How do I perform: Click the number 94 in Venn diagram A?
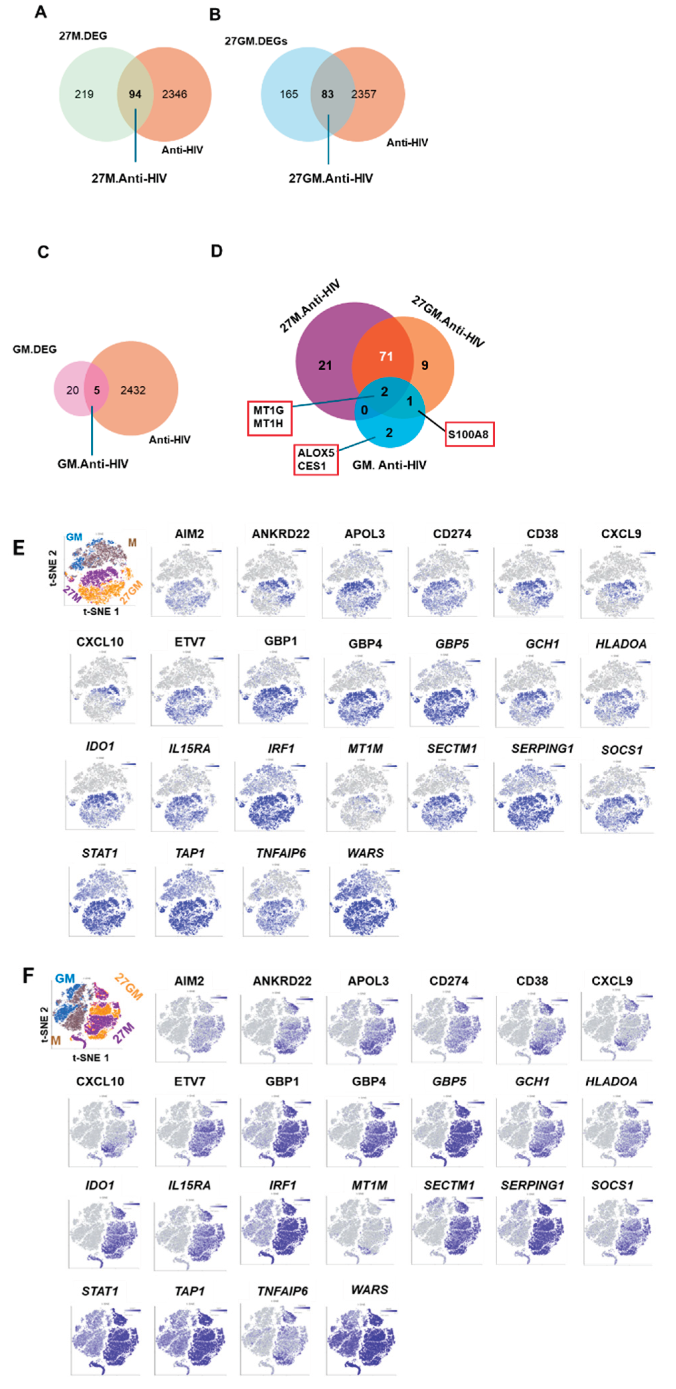point(135,94)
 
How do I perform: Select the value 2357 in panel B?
point(363,94)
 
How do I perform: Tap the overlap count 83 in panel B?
point(327,94)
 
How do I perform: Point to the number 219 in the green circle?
point(84,94)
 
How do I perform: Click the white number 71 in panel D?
point(386,357)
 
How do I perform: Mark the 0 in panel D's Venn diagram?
point(364,410)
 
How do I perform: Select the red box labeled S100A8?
point(469,434)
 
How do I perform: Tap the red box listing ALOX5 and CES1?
point(316,459)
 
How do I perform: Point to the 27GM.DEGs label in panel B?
point(256,41)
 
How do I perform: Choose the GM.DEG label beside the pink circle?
point(34,350)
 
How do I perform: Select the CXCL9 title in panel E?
point(621,534)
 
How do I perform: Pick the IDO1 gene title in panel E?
point(100,746)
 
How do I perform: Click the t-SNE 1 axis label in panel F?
point(91,1058)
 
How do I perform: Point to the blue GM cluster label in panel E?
point(74,537)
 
